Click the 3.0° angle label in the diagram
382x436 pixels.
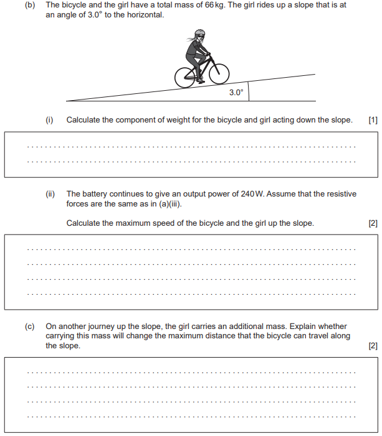(x=236, y=93)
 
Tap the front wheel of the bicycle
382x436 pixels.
(x=219, y=74)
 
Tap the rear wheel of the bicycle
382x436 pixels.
(x=185, y=78)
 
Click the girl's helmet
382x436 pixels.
(x=199, y=33)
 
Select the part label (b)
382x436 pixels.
(x=30, y=5)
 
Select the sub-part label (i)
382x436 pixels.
(x=50, y=120)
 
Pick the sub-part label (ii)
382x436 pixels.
(x=50, y=194)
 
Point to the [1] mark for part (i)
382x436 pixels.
(x=373, y=120)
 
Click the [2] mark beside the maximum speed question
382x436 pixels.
(x=373, y=223)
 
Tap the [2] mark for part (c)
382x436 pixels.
(x=373, y=346)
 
